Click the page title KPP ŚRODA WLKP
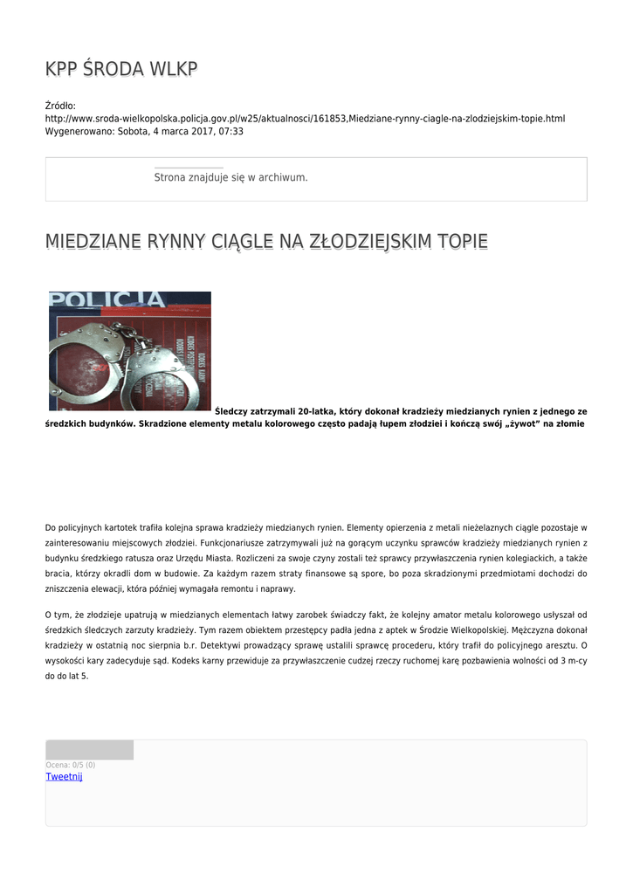pos(121,69)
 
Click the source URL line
pos(305,118)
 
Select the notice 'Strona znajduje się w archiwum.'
pos(230,177)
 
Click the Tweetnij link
pos(64,777)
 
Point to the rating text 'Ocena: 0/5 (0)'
pos(71,765)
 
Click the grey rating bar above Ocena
pos(89,750)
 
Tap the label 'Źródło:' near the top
pos(60,106)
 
